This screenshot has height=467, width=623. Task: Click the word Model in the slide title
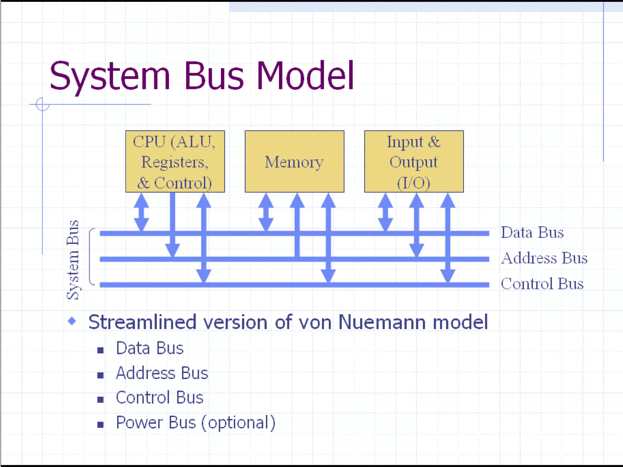click(305, 76)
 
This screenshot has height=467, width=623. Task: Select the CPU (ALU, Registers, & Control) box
click(175, 161)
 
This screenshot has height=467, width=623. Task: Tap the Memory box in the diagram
click(294, 161)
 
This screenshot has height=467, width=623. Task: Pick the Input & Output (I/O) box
click(414, 161)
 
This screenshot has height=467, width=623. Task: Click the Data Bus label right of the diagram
click(532, 233)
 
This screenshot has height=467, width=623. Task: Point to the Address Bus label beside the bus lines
click(544, 258)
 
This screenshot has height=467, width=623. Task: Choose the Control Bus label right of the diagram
click(542, 284)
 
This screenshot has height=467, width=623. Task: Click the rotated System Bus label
click(73, 260)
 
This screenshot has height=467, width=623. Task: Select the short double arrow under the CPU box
click(141, 212)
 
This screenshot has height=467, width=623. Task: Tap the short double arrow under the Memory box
click(266, 212)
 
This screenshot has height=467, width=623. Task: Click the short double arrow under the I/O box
click(385, 212)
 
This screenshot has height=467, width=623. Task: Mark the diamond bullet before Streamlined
click(72, 321)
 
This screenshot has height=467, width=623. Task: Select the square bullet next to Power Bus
click(100, 424)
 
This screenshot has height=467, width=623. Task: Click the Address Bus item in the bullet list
click(162, 373)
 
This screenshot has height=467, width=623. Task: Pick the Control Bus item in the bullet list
click(159, 398)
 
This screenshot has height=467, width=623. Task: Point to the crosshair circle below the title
click(42, 104)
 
